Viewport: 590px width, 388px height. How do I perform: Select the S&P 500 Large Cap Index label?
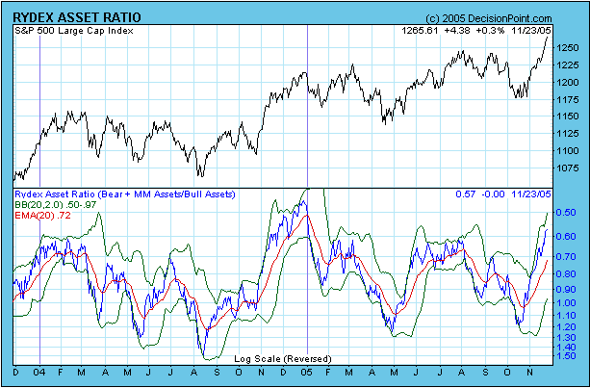pyautogui.click(x=75, y=31)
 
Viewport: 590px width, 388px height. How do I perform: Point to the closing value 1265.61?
pyautogui.click(x=418, y=31)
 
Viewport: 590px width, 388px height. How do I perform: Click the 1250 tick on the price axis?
pyautogui.click(x=568, y=47)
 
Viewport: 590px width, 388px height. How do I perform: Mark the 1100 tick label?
pyautogui.click(x=568, y=151)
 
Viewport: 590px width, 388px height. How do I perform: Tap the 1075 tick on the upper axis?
pyautogui.click(x=568, y=168)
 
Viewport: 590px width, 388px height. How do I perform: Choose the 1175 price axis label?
pyautogui.click(x=568, y=99)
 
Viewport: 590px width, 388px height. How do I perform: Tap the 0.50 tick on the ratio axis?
pyautogui.click(x=568, y=213)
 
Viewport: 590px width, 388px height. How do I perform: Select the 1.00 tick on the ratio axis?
pyautogui.click(x=568, y=303)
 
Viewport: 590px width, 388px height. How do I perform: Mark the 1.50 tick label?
pyautogui.click(x=568, y=356)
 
